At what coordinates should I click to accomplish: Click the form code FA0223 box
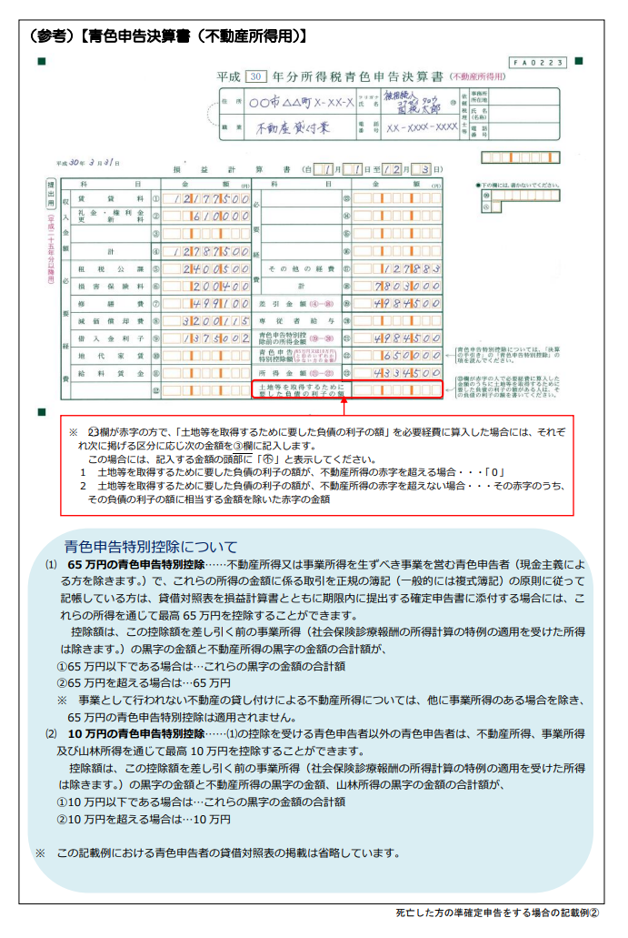coord(538,63)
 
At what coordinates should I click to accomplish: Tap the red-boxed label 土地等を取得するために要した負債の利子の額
coord(296,389)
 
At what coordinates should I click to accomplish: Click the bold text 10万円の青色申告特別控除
coord(135,733)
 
